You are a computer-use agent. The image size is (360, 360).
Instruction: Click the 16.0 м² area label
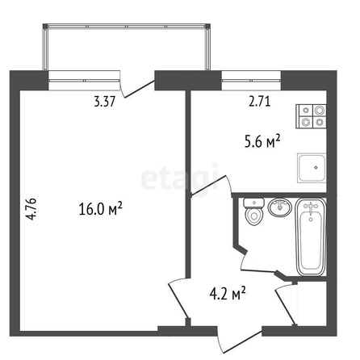pyautogui.click(x=101, y=208)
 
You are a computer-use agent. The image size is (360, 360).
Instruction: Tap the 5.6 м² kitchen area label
pyautogui.click(x=262, y=141)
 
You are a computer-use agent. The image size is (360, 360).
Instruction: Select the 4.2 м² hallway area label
pyautogui.click(x=228, y=293)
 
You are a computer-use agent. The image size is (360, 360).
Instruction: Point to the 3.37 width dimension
pyautogui.click(x=105, y=102)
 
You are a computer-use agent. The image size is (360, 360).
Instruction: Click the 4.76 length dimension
pyautogui.click(x=31, y=209)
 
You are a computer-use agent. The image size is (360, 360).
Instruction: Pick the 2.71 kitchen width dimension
pyautogui.click(x=259, y=102)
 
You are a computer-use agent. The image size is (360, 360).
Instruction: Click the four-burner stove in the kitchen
pyautogui.click(x=311, y=116)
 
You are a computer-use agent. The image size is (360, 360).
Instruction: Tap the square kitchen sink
pyautogui.click(x=312, y=168)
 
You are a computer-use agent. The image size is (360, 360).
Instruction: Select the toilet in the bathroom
pyautogui.click(x=253, y=211)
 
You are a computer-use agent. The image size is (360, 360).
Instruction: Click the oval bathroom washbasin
pyautogui.click(x=280, y=207)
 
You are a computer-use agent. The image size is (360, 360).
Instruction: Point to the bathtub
pyautogui.click(x=311, y=237)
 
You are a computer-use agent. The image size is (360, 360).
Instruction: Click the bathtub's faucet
pyautogui.click(x=311, y=207)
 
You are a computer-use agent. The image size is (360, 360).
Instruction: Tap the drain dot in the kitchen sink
pyautogui.click(x=316, y=167)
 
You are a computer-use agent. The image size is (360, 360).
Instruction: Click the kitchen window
pyautogui.click(x=251, y=80)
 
